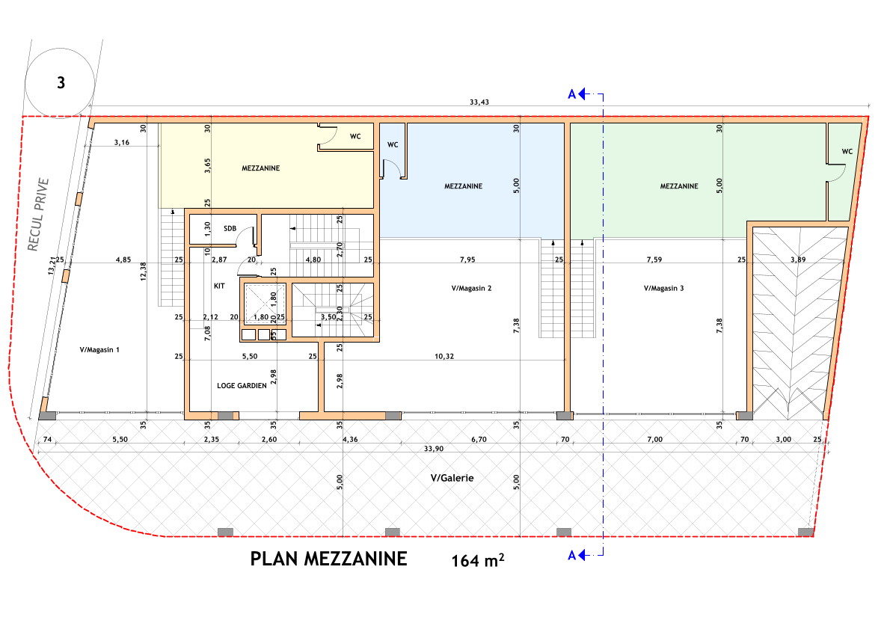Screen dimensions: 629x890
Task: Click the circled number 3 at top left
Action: click(61, 82)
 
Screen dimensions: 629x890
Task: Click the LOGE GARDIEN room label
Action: click(242, 386)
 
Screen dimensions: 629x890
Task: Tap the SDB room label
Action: click(230, 228)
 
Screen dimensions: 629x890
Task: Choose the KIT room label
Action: click(219, 286)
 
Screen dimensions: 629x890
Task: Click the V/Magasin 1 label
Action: click(99, 349)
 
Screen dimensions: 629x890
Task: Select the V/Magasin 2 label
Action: click(472, 287)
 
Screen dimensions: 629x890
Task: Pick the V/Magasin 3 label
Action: click(664, 287)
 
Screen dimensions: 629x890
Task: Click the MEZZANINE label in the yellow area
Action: click(261, 168)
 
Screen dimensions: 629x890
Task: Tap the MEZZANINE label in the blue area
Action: click(463, 186)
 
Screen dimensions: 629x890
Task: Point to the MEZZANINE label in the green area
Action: click(679, 186)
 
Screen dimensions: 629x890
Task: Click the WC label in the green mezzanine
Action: click(847, 151)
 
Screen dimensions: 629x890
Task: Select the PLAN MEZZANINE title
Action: click(328, 558)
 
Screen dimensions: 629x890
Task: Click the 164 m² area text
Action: click(477, 560)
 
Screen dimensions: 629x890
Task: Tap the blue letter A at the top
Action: click(572, 94)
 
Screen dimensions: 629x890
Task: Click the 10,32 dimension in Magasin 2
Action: click(444, 356)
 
